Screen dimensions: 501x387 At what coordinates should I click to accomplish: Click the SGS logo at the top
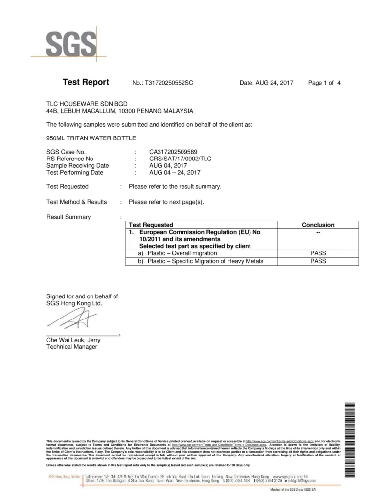[71, 45]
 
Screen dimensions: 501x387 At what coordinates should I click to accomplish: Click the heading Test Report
[86, 82]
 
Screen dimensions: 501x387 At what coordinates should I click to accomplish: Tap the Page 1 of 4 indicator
[324, 83]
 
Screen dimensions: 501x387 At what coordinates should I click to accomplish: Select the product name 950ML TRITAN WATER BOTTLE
[91, 138]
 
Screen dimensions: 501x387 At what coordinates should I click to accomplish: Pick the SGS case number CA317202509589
[174, 152]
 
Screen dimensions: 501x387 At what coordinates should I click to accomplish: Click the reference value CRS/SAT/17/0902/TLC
[181, 159]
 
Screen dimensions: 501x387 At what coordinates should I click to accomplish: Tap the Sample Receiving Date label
[77, 165]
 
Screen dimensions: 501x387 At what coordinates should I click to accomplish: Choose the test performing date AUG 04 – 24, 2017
[175, 172]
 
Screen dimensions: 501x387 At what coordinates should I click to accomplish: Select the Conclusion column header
[318, 225]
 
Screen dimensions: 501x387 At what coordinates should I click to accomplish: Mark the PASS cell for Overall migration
[318, 253]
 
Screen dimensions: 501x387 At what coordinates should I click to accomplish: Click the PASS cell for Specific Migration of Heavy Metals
[318, 261]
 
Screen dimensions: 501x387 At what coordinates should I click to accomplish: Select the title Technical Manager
[71, 347]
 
